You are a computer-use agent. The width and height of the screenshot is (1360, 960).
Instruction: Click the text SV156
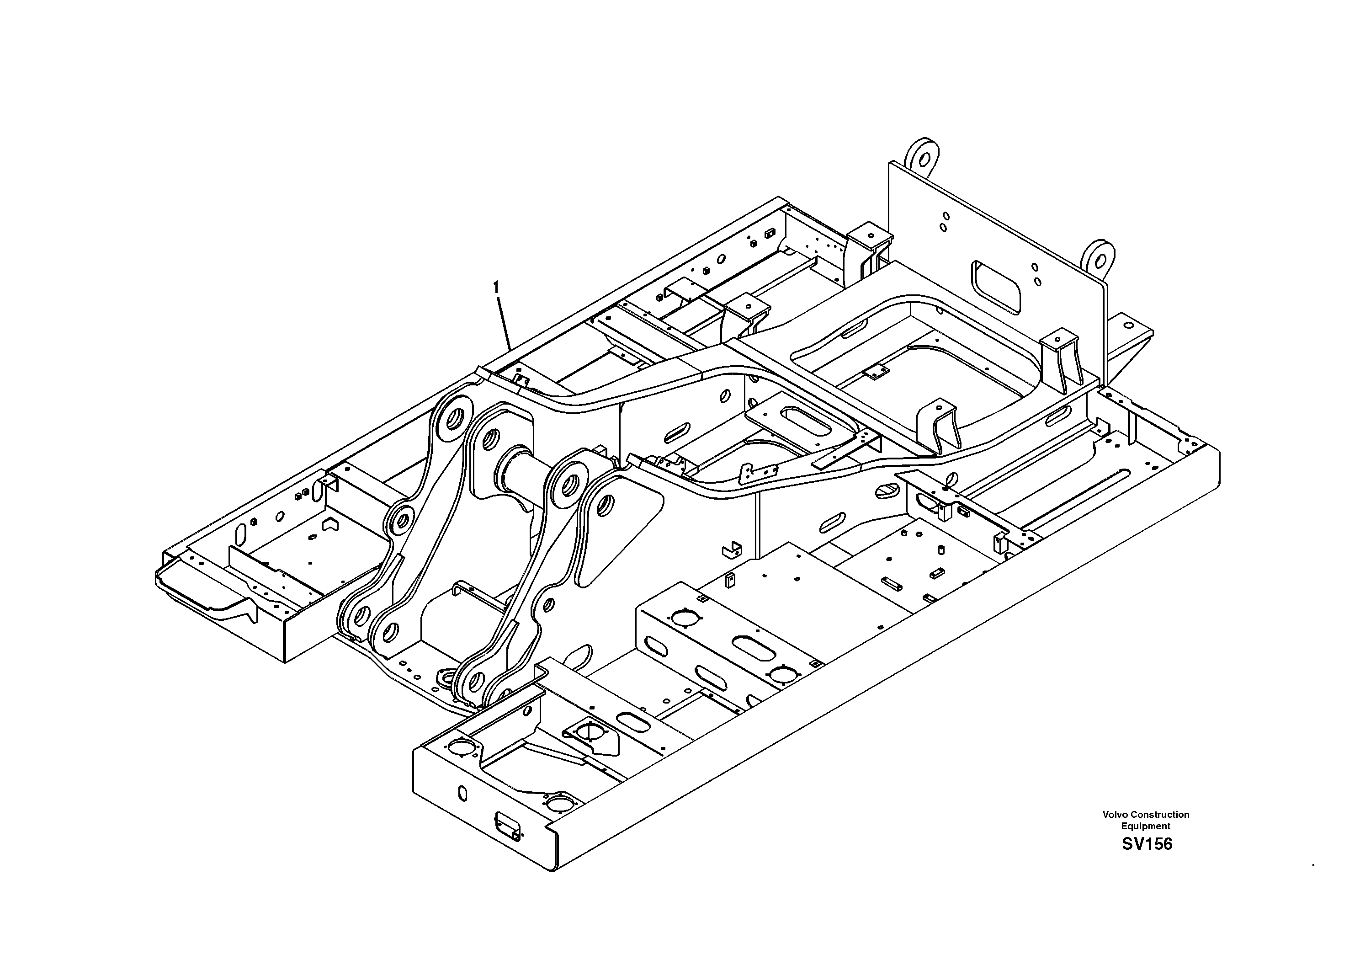1147,844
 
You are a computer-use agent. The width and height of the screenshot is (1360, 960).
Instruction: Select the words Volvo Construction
1146,815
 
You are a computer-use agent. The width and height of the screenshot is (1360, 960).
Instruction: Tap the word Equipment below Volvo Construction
1146,826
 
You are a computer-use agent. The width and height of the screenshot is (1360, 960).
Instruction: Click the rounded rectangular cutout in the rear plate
996,288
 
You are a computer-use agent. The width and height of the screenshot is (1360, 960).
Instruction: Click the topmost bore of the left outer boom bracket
454,419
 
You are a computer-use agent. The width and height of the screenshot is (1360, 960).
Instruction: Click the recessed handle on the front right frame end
508,827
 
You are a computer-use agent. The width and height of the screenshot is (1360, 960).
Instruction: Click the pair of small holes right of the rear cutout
1036,274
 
